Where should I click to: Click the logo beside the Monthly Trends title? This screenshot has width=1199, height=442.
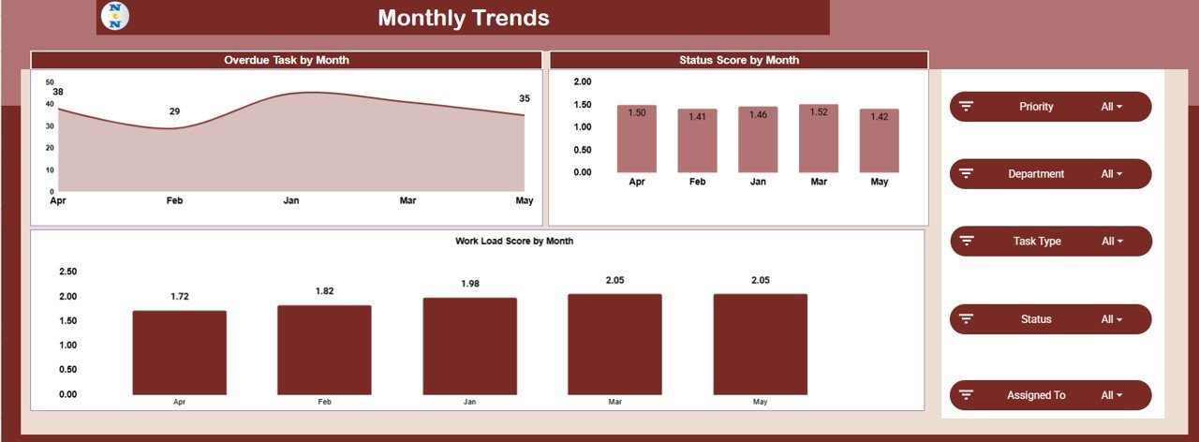tap(114, 17)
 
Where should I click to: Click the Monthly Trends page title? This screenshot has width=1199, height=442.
tap(463, 18)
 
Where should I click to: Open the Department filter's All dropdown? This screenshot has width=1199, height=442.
tap(1112, 174)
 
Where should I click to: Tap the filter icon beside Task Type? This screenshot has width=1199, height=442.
tap(968, 242)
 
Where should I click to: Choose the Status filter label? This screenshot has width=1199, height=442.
tap(1036, 319)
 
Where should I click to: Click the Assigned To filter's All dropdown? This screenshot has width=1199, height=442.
tap(1112, 395)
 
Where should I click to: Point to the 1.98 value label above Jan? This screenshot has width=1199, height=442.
tap(470, 284)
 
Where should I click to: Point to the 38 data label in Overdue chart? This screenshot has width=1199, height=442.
tap(58, 92)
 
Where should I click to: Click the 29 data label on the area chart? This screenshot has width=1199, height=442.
tap(174, 111)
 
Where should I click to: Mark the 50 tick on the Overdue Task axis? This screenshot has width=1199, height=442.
tap(50, 82)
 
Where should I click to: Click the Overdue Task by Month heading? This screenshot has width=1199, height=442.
tap(287, 60)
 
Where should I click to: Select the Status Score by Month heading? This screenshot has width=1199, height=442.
tap(739, 60)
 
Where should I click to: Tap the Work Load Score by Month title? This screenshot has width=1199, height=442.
tap(514, 241)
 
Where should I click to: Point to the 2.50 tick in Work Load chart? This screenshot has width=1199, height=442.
tap(67, 272)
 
